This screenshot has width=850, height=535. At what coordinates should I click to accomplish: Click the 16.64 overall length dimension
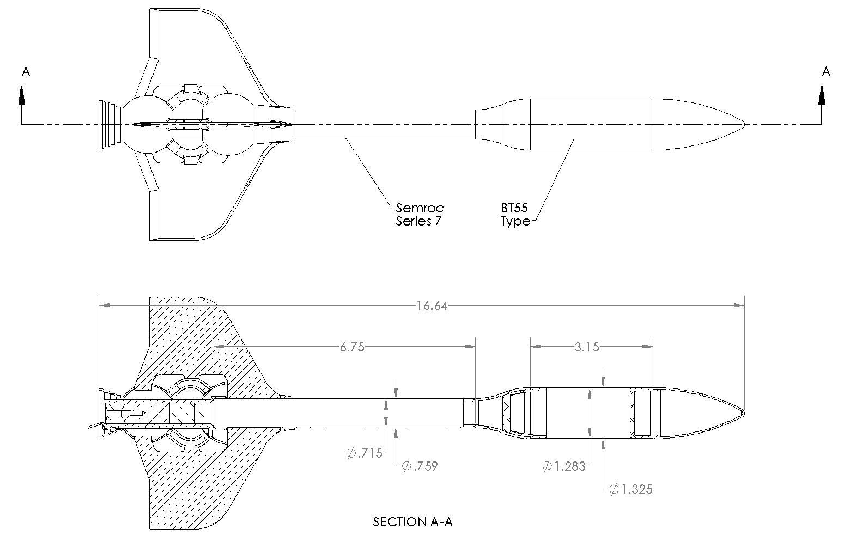[x=432, y=306]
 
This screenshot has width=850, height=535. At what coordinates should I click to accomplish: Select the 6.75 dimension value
[x=352, y=347]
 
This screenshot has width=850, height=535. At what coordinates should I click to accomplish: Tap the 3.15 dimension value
[x=586, y=347]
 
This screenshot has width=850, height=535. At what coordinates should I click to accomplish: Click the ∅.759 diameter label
[x=420, y=466]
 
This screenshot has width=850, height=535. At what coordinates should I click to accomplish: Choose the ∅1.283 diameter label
[x=564, y=466]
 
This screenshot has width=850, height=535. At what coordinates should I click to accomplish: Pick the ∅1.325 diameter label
[x=630, y=489]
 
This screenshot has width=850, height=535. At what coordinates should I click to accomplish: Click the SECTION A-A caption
[x=412, y=522]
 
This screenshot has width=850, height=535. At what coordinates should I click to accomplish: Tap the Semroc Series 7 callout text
[x=420, y=214]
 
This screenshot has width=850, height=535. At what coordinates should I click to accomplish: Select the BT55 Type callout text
[x=515, y=215]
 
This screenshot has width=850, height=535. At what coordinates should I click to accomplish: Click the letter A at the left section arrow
[x=25, y=72]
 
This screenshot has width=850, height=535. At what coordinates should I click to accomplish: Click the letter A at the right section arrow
[x=826, y=72]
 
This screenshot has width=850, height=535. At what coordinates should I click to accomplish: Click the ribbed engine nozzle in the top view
[x=109, y=124]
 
